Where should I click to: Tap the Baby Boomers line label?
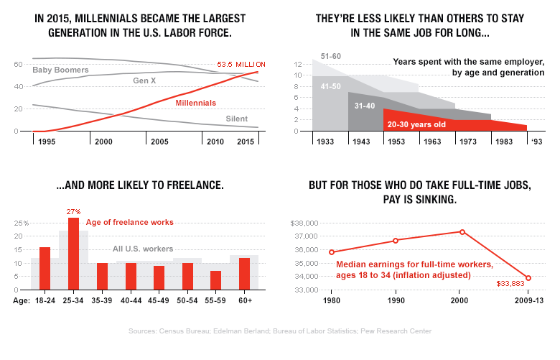pos(60,70)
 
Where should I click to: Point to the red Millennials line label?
pos(196,103)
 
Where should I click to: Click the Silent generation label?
pos(238,119)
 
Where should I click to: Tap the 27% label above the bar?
pos(73,211)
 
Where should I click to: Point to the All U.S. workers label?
pos(143,249)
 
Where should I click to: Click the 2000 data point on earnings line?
pos(462,232)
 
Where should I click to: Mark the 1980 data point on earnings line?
pos(332,252)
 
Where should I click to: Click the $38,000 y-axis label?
pos(302,223)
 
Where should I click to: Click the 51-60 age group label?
pos(331,56)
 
